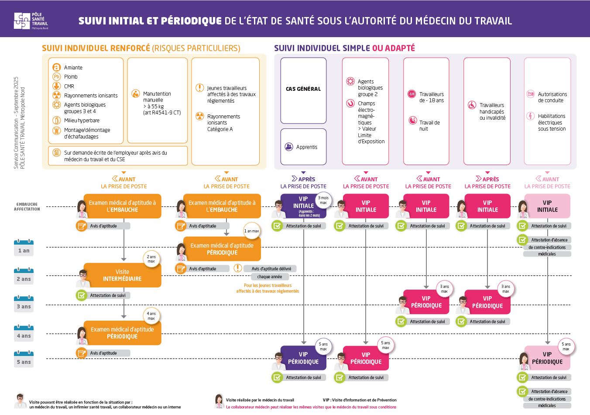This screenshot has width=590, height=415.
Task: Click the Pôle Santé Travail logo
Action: tap(31, 21)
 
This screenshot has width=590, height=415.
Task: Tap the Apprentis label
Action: tap(306, 147)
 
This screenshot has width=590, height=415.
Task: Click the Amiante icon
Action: tap(56, 67)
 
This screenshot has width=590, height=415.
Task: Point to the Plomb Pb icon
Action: tap(56, 76)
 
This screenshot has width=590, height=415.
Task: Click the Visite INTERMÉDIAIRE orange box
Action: tap(122, 275)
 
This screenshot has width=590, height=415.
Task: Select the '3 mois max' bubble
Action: tap(323, 200)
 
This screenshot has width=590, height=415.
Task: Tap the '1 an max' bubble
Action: tap(251, 231)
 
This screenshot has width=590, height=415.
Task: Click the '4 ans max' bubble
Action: tap(151, 316)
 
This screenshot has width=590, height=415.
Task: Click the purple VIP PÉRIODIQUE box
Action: tap(303, 358)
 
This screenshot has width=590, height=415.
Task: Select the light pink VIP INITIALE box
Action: tap(547, 206)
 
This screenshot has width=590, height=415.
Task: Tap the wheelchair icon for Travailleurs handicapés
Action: tap(472, 105)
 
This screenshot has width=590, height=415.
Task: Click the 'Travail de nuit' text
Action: tap(429, 126)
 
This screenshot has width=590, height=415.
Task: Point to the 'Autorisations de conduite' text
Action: tap(552, 97)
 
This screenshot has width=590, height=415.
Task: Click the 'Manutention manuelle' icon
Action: tap(135, 93)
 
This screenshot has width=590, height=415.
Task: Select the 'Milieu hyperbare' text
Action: tap(82, 121)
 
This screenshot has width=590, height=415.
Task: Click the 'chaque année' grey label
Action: tap(270, 277)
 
